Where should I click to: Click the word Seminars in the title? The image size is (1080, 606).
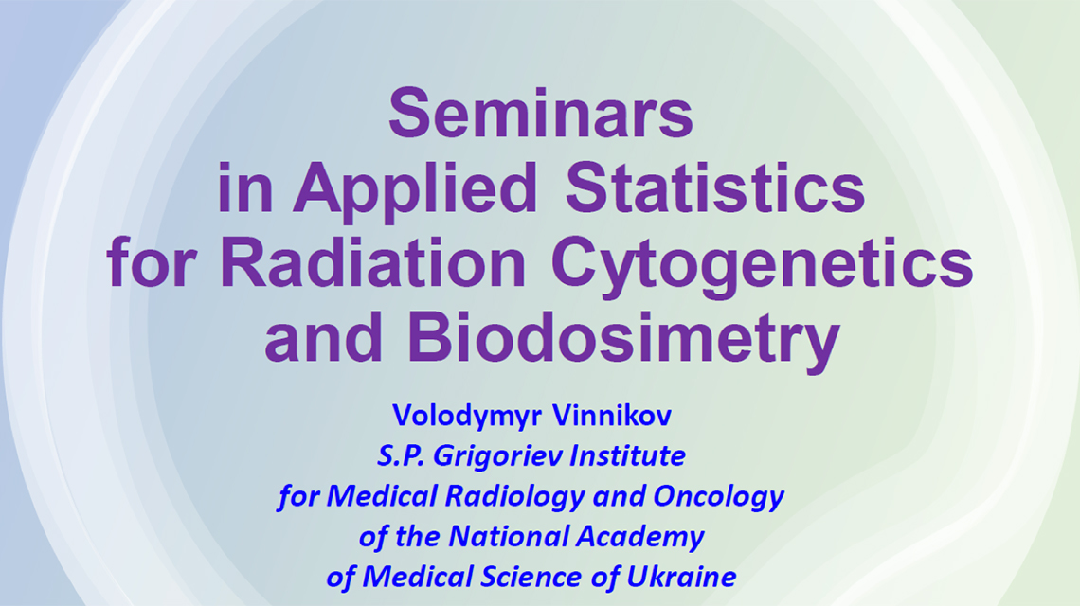(541, 113)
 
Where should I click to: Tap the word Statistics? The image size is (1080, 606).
(715, 187)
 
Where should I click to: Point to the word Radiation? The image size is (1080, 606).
(372, 262)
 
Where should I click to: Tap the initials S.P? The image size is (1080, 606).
(400, 455)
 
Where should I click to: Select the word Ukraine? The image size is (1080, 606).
(681, 578)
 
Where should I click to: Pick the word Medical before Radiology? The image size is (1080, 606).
(382, 496)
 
